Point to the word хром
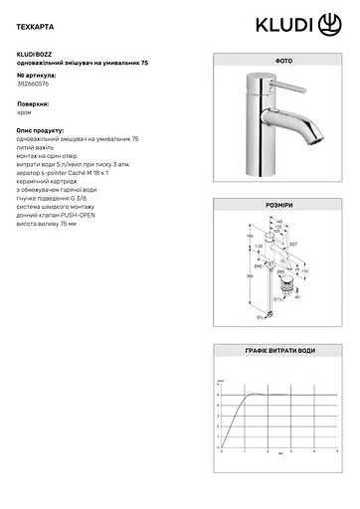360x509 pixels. (26, 113)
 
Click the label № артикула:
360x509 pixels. (38, 75)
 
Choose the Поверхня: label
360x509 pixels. (35, 102)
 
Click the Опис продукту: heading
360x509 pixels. (44, 130)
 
